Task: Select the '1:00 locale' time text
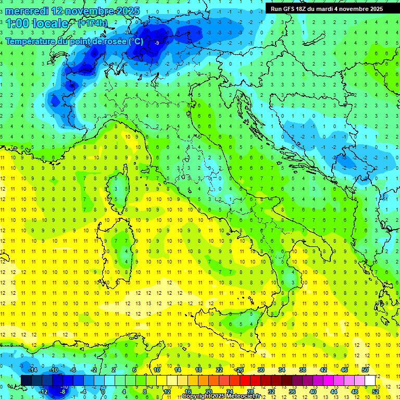pyautogui.click(x=37, y=23)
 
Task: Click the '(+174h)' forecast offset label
pyautogui.click(x=93, y=23)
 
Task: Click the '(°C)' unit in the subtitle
pyautogui.click(x=135, y=41)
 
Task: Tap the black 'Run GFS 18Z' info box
pyautogui.click(x=327, y=8)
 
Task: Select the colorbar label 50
pyautogui.click(x=365, y=370)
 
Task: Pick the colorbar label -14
pyautogui.click(x=32, y=370)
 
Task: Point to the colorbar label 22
pyautogui.click(x=219, y=370)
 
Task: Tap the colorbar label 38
pyautogui.click(x=303, y=370)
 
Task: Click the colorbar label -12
pyautogui.click(x=43, y=391)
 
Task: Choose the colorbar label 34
pyautogui.click(x=282, y=370)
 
